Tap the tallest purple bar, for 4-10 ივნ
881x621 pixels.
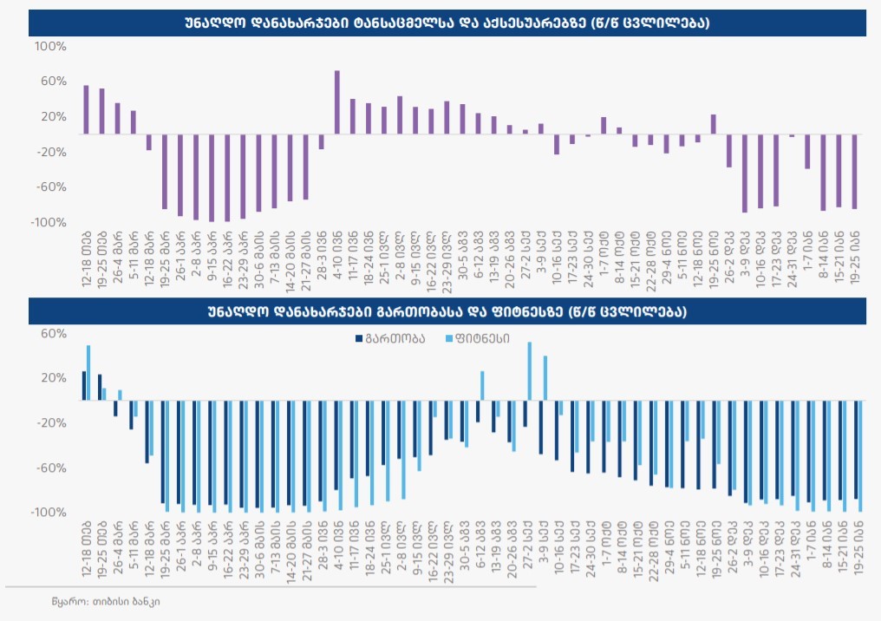click(x=336, y=102)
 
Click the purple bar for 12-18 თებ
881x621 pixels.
click(x=86, y=109)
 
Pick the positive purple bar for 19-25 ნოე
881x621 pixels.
click(x=713, y=124)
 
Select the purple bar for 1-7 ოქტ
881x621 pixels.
click(x=604, y=126)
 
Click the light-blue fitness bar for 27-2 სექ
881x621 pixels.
click(x=530, y=371)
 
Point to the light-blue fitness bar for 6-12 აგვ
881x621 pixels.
click(x=482, y=386)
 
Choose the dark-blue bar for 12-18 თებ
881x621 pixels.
click(x=84, y=386)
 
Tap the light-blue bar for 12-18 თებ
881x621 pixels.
click(x=88, y=373)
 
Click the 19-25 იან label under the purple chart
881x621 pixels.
click(x=854, y=258)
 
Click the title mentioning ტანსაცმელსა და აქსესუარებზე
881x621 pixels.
click(x=447, y=23)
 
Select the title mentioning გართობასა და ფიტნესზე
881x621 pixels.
click(x=447, y=310)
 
